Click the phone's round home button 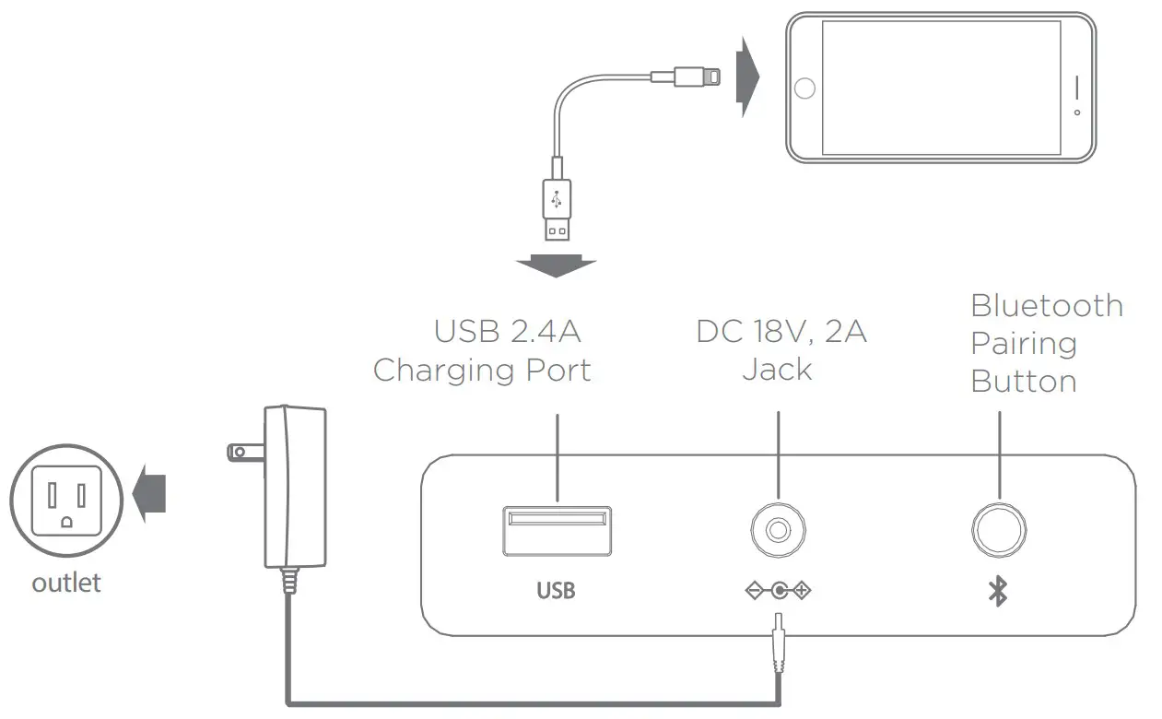click(804, 88)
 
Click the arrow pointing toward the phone click(746, 77)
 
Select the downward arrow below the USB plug click(556, 265)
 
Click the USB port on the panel click(557, 532)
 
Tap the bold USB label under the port click(556, 590)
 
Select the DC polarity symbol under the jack click(779, 590)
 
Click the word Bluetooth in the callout click(1047, 306)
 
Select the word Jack click(778, 370)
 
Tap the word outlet click(66, 583)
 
